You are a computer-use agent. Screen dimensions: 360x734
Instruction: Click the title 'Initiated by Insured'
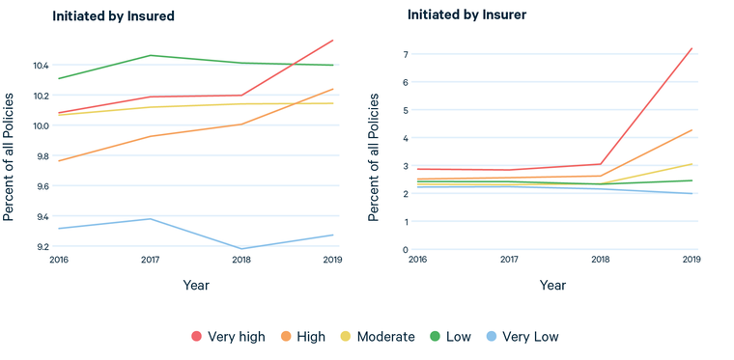(x=113, y=16)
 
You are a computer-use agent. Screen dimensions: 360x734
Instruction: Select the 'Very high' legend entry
(x=227, y=337)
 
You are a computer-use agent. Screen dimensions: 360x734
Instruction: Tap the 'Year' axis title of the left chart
(x=196, y=286)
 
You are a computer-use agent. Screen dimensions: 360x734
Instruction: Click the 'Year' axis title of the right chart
(x=553, y=286)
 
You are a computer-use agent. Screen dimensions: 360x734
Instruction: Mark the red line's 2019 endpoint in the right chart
(x=692, y=48)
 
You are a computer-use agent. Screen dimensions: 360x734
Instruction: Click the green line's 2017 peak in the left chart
(x=150, y=55)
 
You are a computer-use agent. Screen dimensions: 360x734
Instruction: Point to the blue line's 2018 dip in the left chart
(x=241, y=249)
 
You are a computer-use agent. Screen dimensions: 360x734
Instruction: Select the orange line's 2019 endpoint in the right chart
(x=692, y=129)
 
